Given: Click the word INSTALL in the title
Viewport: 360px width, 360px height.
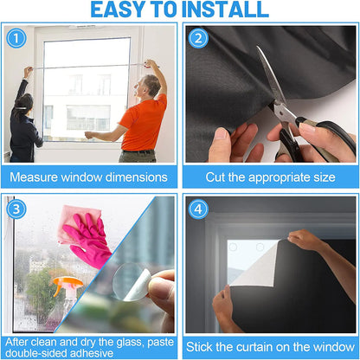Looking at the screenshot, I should point(224,10).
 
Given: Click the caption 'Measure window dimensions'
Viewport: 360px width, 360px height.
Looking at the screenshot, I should point(89,177).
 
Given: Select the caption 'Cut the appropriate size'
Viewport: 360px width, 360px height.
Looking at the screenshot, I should point(270,177).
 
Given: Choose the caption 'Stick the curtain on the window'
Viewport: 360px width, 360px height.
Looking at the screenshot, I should point(270,347).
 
